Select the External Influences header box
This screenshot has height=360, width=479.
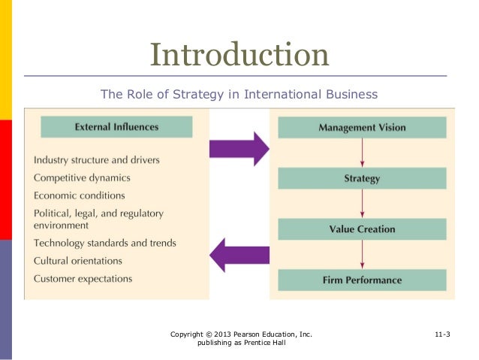[116, 127]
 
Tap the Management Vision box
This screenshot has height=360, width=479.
[362, 127]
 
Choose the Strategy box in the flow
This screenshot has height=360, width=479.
[362, 179]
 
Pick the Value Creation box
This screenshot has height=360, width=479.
[362, 229]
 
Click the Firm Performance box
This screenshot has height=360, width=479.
[362, 280]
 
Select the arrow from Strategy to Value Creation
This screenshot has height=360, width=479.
[363, 204]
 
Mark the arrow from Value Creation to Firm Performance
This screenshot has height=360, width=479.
[363, 255]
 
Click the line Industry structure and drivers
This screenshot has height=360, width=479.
[96, 160]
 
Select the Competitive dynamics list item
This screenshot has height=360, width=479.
[82, 178]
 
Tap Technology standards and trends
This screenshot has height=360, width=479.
[105, 243]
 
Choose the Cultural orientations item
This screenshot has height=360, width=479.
[78, 261]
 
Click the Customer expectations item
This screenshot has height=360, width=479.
[83, 279]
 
